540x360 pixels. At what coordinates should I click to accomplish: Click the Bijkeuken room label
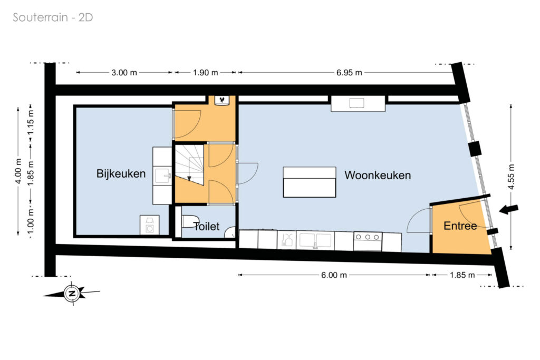121,173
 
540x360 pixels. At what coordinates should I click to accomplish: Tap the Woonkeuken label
378,175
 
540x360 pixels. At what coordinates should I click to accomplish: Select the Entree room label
460,226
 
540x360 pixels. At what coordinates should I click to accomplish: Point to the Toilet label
206,226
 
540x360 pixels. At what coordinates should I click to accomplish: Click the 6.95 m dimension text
349,73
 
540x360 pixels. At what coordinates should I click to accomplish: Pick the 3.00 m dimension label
124,73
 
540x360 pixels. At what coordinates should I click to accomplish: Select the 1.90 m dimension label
205,73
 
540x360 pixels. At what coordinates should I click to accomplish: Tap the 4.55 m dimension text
511,177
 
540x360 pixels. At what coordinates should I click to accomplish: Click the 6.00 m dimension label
334,275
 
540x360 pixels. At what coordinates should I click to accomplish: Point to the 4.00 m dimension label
18,171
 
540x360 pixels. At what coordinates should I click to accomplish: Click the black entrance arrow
508,209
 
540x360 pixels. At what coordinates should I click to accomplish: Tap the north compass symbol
72,294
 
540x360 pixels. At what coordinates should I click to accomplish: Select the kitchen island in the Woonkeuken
309,182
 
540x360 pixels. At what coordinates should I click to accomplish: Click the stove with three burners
368,241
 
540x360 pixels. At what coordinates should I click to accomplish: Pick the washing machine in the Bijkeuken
149,225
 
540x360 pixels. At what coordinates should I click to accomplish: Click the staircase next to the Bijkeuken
189,164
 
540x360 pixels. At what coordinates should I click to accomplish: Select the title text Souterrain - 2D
53,17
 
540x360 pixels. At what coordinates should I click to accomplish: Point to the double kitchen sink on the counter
315,240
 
